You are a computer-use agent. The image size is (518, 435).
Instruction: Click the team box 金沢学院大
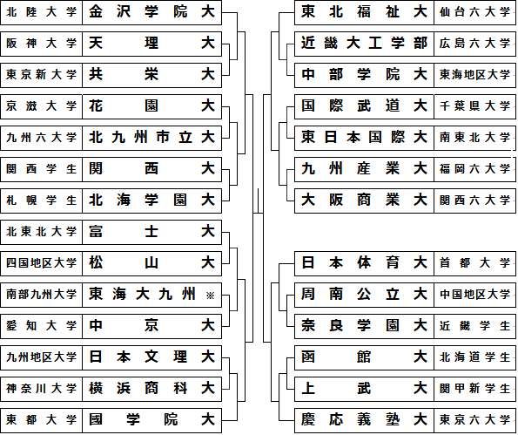[152, 12]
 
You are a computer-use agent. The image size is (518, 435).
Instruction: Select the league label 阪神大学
[41, 44]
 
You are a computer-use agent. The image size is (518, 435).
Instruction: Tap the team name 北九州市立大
[152, 138]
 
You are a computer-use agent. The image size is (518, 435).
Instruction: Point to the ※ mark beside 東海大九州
[210, 296]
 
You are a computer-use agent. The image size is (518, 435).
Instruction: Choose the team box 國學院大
[152, 420]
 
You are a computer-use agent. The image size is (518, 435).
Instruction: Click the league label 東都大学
[41, 420]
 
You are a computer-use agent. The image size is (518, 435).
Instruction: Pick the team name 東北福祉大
[364, 12]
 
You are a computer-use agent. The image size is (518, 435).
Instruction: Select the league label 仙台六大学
[474, 12]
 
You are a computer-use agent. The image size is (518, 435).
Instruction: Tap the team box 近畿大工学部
[364, 44]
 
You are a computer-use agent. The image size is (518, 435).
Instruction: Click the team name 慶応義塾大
[364, 420]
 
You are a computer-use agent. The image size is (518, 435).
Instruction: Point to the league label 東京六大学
[474, 420]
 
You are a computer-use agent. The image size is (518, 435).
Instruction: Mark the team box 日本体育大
[364, 263]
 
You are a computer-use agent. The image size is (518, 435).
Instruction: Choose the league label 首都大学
[474, 263]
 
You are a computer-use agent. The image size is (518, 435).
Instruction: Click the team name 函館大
[364, 357]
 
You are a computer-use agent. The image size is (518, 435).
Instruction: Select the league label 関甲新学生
[474, 389]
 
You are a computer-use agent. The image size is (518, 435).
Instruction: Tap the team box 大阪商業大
[364, 201]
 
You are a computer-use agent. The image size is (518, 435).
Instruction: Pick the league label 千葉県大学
[474, 106]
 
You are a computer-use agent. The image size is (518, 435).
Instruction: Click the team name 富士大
[152, 231]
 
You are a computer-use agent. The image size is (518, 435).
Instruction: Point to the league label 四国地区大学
[41, 263]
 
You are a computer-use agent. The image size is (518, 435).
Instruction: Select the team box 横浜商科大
[152, 389]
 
